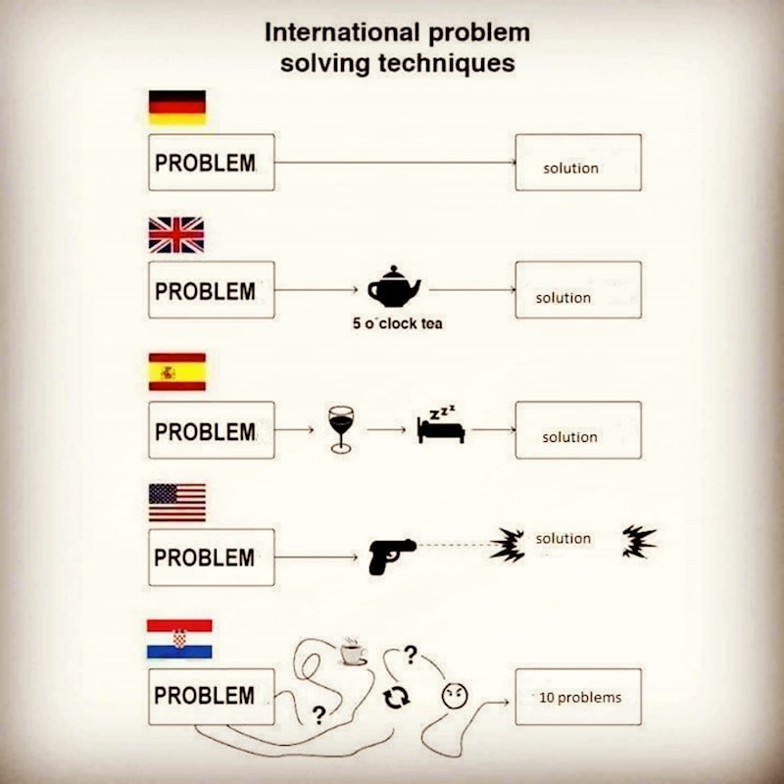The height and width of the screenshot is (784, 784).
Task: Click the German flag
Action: tap(176, 108)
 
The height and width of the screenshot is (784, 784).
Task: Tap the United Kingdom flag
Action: tap(176, 235)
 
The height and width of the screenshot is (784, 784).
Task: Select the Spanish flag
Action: tap(176, 372)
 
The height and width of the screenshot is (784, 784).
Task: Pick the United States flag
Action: tap(176, 502)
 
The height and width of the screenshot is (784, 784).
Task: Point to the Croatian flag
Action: tap(179, 638)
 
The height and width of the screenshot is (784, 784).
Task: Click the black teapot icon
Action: tap(394, 287)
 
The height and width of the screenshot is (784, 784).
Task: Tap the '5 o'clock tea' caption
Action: tap(398, 323)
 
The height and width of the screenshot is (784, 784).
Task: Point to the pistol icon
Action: tap(391, 556)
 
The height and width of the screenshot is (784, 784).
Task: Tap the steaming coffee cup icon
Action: tap(352, 652)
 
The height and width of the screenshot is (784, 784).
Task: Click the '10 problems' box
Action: tap(578, 697)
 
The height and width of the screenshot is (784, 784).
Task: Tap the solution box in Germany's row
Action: tap(578, 163)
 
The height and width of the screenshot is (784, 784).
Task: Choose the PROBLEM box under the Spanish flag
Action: tap(211, 430)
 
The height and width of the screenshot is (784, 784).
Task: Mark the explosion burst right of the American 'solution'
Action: tap(639, 540)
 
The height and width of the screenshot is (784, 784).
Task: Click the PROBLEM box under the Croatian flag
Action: tap(211, 697)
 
